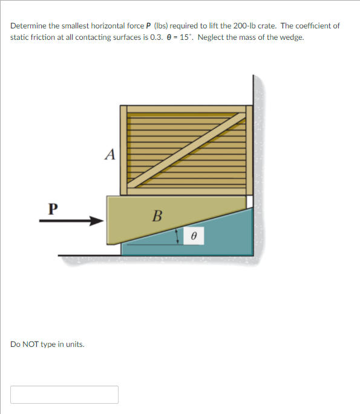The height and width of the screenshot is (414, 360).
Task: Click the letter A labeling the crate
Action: [110, 155]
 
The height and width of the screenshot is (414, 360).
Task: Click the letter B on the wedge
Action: [157, 215]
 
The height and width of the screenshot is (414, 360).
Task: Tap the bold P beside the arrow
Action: [53, 209]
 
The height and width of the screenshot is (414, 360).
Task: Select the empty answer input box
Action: [64, 394]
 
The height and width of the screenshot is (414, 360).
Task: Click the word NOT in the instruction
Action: [31, 344]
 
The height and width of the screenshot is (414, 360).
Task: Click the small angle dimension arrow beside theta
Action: [177, 236]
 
